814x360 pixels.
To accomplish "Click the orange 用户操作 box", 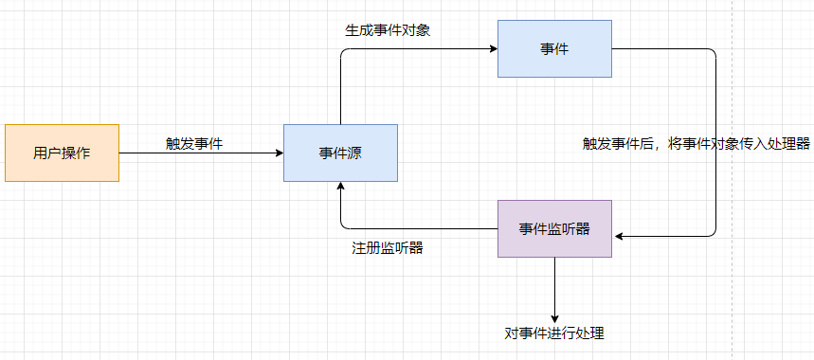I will click(x=62, y=153).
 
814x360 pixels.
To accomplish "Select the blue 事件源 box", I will click(x=340, y=153).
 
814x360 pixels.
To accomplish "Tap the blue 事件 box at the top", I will click(x=554, y=48).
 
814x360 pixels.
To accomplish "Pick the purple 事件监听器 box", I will click(x=554, y=228).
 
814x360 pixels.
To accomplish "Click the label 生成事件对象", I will click(x=388, y=29).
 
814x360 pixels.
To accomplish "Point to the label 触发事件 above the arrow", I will click(x=194, y=143).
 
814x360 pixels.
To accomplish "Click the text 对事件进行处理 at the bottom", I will click(x=554, y=333).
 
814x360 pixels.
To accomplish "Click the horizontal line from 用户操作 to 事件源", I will click(x=199, y=153).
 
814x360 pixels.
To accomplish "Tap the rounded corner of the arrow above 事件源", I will click(x=343, y=51).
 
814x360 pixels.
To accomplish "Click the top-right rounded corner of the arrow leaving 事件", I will click(x=713, y=51).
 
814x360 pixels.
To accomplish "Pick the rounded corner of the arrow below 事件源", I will click(x=343, y=225).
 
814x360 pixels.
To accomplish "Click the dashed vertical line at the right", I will click(x=733, y=95).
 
